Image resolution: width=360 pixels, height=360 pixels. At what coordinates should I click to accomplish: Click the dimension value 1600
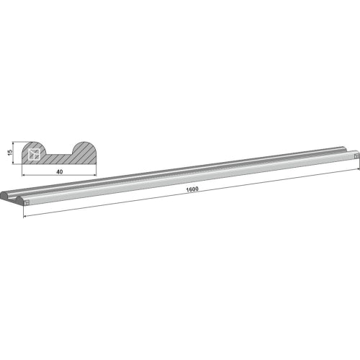(x=192, y=189)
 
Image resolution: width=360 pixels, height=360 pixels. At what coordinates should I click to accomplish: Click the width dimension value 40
(x=60, y=172)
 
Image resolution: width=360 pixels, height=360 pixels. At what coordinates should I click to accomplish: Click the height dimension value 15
(x=10, y=153)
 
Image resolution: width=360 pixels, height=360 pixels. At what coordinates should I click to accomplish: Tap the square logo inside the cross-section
(x=34, y=154)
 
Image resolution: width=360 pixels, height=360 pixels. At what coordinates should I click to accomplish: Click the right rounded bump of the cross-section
(x=84, y=148)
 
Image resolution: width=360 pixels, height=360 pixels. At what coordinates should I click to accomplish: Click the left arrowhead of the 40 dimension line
(x=24, y=175)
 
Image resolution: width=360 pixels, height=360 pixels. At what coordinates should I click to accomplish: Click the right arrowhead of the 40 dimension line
(x=94, y=175)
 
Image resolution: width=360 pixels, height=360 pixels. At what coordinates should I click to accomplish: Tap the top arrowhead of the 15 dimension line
(x=14, y=143)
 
